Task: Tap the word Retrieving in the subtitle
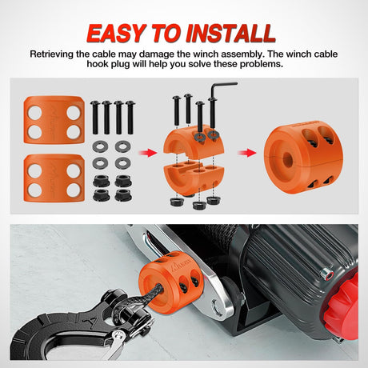[55, 54]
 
